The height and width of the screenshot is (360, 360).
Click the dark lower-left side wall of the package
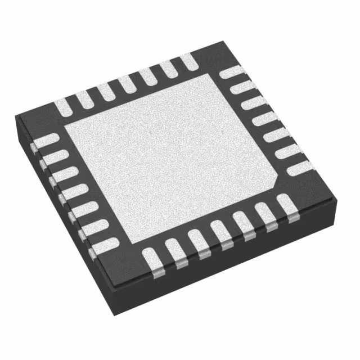pos(62,225)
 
